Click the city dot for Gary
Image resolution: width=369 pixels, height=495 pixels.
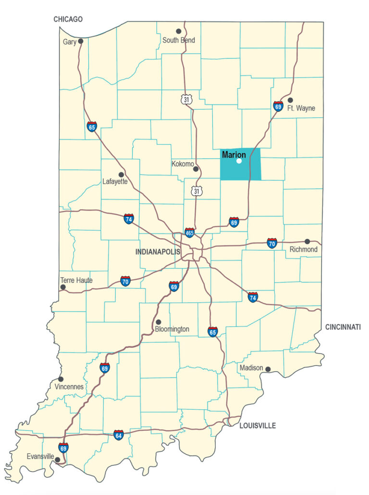tap(81, 41)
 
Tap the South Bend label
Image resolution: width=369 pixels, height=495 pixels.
tap(178, 40)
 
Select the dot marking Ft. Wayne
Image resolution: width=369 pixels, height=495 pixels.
tap(290, 100)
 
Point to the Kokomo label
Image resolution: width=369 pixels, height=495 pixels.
tap(182, 164)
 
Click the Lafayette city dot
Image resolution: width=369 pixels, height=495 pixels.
tap(121, 175)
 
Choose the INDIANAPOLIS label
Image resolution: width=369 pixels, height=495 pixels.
tap(158, 252)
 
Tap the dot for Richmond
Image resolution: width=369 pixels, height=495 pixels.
tap(307, 241)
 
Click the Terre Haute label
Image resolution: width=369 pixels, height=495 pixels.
tap(76, 280)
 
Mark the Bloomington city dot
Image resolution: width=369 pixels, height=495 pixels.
tap(159, 322)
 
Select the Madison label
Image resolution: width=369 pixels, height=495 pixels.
tap(251, 368)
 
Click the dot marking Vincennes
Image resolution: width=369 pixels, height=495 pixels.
tap(61, 379)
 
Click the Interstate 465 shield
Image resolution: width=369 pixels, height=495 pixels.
tap(190, 233)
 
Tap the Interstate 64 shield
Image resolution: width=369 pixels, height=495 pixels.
tap(118, 435)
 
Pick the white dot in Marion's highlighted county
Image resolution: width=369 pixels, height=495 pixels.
tap(239, 161)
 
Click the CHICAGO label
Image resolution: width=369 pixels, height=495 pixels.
tap(68, 19)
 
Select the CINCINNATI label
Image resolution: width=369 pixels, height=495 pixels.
tap(343, 327)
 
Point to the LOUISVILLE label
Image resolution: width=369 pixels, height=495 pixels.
tap(258, 425)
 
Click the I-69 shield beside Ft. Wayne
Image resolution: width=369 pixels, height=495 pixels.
tap(278, 106)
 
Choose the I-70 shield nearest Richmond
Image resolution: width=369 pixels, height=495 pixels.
tap(272, 243)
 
